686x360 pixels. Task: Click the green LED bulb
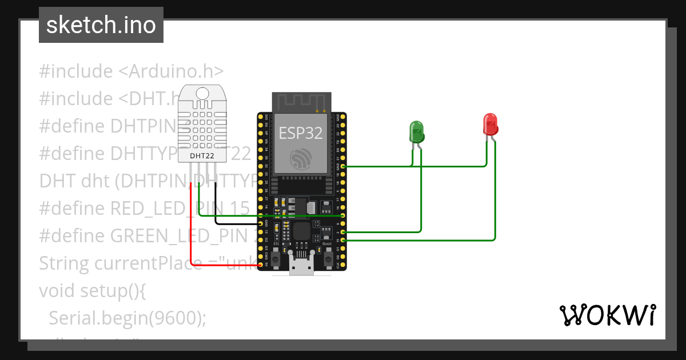point(416,131)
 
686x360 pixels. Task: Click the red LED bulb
point(490,124)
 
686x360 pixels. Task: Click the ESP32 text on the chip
point(301,133)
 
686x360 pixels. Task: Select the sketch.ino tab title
point(101,25)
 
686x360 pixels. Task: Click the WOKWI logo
point(607,315)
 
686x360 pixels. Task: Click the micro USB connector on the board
point(302,267)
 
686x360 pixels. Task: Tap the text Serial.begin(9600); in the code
point(127,318)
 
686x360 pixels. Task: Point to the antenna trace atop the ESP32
point(301,103)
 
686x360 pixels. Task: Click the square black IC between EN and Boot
point(301,231)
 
